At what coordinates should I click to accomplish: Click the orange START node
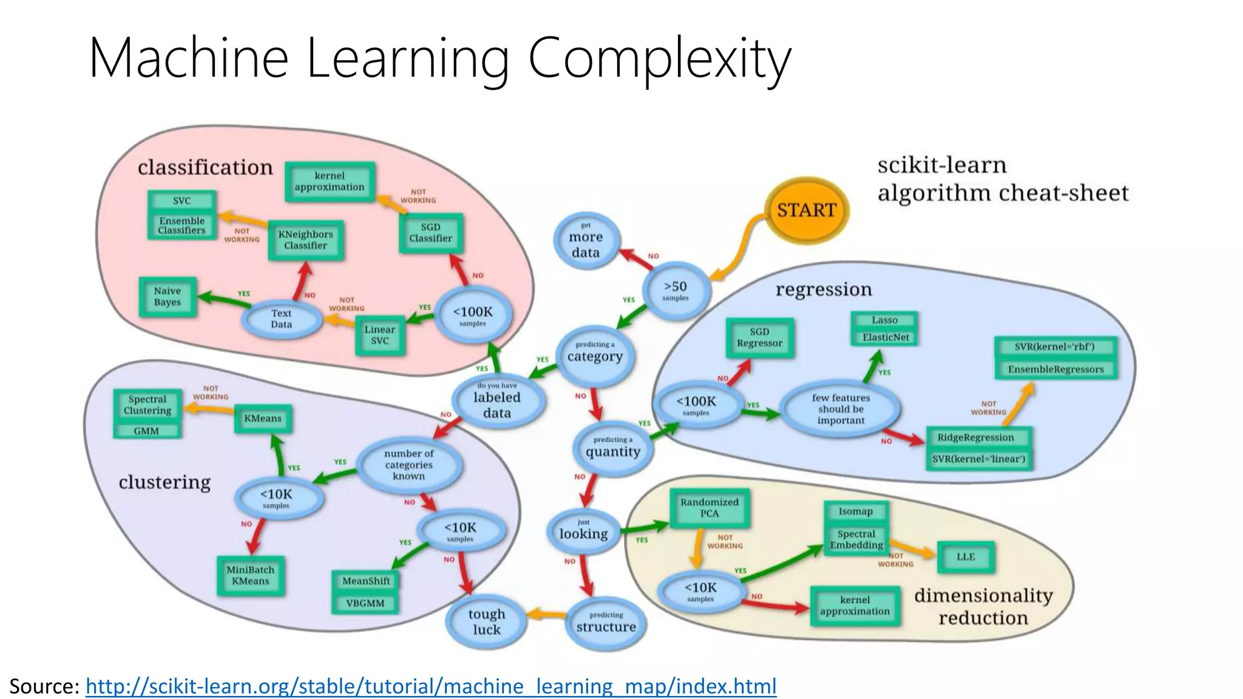806,210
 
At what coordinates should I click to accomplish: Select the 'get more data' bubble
586,241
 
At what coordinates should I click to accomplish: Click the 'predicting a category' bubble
595,354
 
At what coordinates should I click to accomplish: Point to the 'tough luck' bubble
486,622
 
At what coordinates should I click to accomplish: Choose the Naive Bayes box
168,297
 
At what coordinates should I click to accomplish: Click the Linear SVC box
380,335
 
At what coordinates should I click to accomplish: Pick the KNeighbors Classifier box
305,240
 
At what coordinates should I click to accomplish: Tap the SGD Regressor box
759,337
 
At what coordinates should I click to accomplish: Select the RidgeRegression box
975,437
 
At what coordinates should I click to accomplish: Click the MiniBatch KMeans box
250,575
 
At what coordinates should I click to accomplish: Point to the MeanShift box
365,581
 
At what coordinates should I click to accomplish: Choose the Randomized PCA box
709,508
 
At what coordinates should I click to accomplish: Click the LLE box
965,556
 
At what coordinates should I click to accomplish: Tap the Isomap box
855,512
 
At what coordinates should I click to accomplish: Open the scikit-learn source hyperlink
431,686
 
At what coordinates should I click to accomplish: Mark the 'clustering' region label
164,482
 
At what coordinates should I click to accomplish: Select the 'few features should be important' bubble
841,409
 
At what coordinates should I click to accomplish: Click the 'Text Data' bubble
281,319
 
